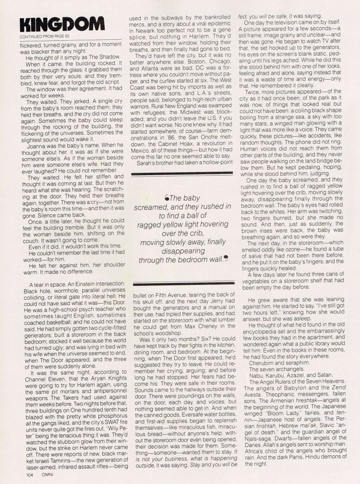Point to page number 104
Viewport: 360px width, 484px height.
point(19,475)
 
